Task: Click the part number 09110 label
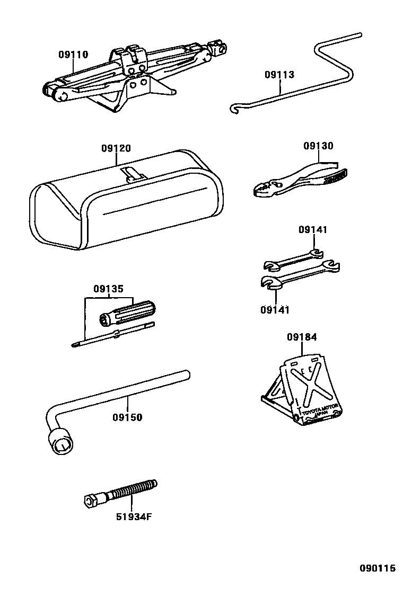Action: [73, 55]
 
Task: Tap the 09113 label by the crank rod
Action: [279, 75]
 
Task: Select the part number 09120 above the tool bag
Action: [116, 149]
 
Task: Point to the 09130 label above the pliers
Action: [318, 146]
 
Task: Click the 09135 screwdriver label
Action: [109, 289]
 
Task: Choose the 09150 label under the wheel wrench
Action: [127, 417]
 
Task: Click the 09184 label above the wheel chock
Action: [302, 337]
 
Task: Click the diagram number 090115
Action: [378, 568]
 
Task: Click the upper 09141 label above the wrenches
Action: [313, 230]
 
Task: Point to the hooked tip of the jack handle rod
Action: [233, 110]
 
